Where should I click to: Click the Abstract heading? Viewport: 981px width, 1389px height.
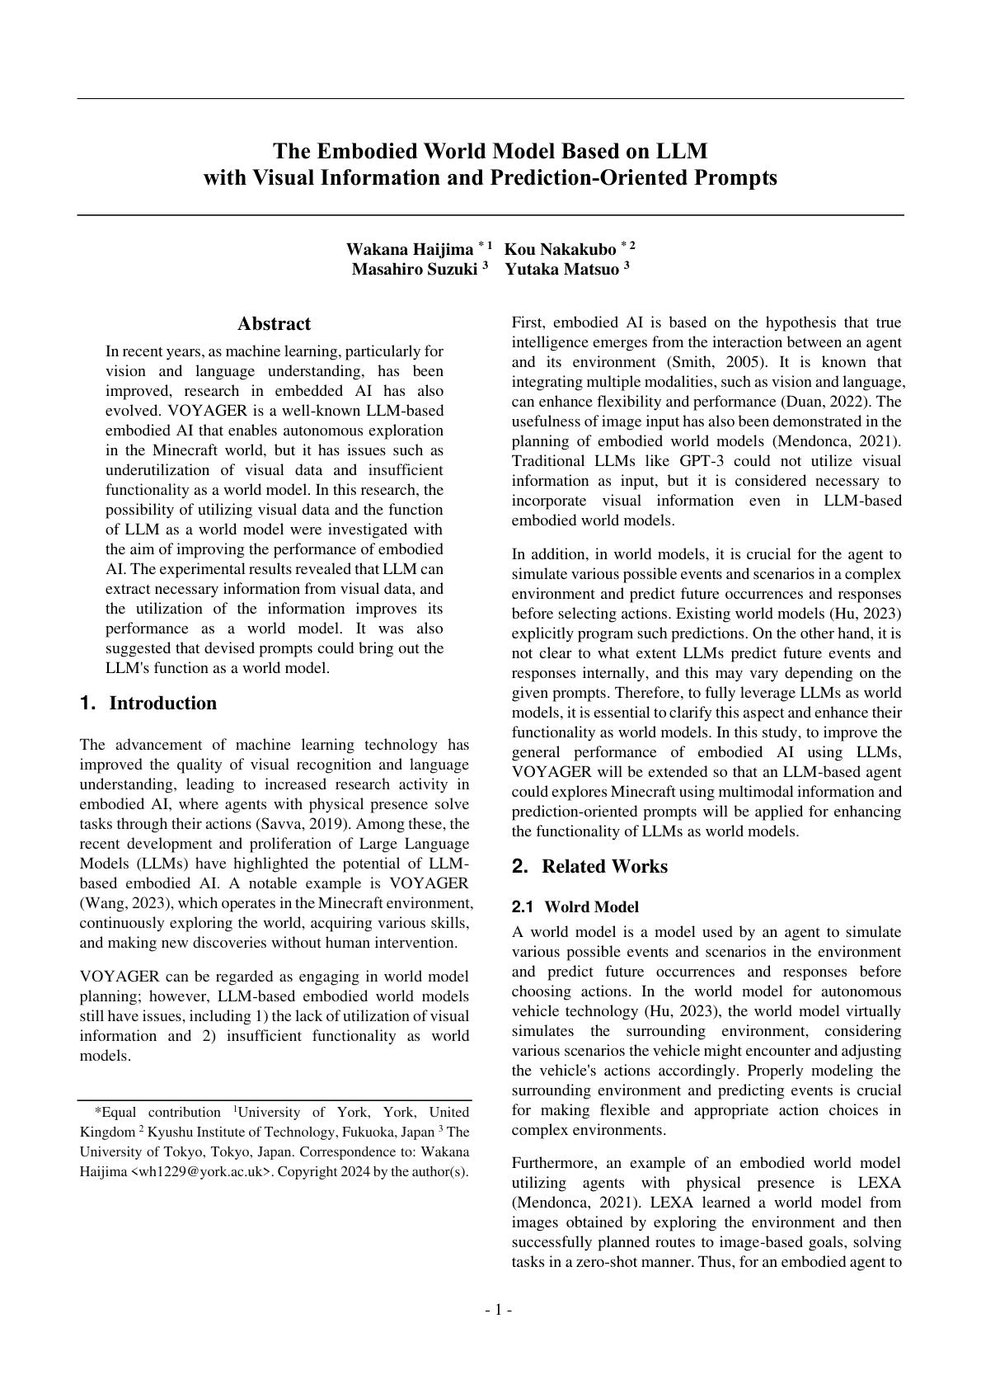coord(274,323)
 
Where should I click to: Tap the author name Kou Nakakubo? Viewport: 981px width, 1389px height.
coord(560,249)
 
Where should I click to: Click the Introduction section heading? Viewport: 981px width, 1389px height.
coord(162,703)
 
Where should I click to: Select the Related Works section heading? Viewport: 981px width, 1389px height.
coord(604,866)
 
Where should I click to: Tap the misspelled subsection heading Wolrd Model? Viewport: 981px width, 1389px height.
coord(591,907)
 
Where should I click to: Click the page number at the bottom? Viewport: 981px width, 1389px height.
coord(498,1310)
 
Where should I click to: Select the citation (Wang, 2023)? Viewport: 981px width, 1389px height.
coord(126,903)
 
